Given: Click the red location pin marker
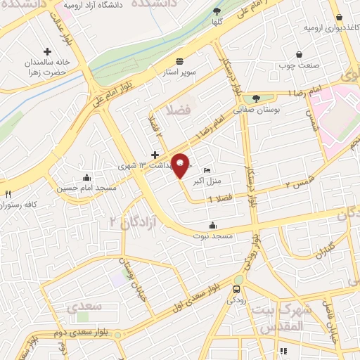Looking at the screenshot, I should point(181,165).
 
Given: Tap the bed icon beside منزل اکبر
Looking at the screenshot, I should point(206,171).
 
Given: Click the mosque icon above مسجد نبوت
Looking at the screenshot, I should point(212,226).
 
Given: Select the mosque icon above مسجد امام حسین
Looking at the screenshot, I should point(86,178).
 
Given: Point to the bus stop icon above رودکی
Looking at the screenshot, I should point(238,288).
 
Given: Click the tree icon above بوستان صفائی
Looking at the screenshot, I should point(256,99).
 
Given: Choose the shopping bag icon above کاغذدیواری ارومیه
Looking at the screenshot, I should point(340,17).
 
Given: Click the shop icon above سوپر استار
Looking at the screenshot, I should point(180,61).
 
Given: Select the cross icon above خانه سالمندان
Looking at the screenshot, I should point(48,51).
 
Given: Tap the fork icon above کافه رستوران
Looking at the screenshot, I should point(8,194).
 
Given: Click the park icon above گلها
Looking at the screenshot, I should point(217,12).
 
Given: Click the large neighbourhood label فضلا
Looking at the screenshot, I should point(174,110).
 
